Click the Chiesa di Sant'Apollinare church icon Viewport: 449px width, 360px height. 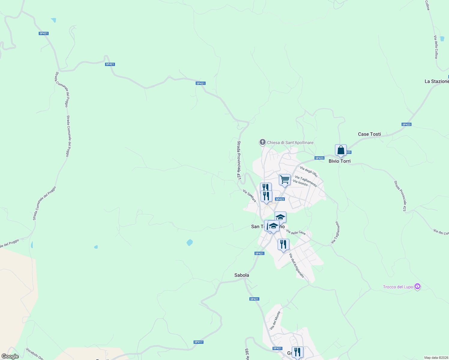point(263,142)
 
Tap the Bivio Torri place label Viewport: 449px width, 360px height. point(339,161)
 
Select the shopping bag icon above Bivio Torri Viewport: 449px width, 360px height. point(341,150)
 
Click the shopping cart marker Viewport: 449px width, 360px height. point(285,180)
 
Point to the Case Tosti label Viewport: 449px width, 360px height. point(369,134)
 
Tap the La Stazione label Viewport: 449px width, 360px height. point(436,81)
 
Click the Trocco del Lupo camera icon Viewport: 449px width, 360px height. point(417,286)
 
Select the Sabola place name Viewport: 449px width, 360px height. point(242,275)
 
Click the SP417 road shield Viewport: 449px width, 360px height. point(198,342)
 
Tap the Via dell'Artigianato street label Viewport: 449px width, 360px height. point(297,265)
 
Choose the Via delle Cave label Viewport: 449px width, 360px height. point(296,232)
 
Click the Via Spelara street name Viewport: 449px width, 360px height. point(249,196)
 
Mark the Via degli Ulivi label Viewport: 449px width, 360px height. point(309,171)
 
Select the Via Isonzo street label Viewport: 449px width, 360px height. point(300,183)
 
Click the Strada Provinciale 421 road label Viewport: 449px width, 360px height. point(239,160)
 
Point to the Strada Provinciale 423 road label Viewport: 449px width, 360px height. point(400,196)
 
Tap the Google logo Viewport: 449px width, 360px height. point(10,356)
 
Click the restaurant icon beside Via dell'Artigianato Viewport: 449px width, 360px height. point(283,244)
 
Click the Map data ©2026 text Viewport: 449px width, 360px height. point(436,358)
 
